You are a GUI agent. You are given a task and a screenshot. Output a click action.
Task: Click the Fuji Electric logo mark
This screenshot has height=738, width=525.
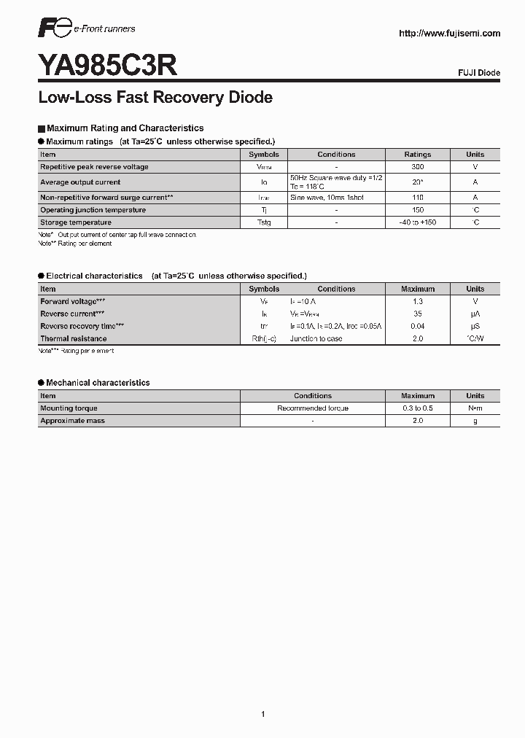[55, 30]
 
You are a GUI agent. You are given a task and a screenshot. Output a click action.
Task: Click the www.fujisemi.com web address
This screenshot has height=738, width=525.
[449, 34]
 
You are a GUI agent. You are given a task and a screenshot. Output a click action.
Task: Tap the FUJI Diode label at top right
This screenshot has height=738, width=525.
[478, 73]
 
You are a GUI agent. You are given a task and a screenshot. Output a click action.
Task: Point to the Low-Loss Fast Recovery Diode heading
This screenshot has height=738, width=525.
[155, 97]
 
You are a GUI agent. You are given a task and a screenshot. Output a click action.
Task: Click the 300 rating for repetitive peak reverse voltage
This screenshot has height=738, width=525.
[418, 167]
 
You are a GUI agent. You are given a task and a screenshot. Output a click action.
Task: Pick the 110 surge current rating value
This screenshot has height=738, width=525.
[418, 198]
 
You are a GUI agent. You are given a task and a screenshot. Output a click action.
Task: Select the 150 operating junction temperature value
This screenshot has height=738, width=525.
[418, 210]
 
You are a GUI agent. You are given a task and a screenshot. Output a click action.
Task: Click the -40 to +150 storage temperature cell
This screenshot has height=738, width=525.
[418, 222]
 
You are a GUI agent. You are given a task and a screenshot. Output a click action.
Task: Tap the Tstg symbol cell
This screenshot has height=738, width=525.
[263, 222]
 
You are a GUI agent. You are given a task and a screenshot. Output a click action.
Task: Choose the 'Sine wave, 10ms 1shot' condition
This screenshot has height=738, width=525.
[326, 198]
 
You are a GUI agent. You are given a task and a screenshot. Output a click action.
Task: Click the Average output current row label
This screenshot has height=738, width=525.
[80, 182]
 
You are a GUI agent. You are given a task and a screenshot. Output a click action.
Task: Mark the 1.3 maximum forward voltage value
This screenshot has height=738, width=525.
[418, 301]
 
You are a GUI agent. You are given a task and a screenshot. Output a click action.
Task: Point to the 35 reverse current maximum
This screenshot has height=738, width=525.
[418, 314]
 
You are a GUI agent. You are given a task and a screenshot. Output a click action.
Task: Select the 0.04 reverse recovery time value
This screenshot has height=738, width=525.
[418, 326]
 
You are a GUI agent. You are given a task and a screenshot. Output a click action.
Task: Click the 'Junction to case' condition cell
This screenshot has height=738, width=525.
[316, 338]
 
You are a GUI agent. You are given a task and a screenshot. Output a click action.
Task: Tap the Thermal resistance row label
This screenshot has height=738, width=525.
[74, 338]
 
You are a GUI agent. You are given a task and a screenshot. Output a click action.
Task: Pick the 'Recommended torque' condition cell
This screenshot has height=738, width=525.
[313, 408]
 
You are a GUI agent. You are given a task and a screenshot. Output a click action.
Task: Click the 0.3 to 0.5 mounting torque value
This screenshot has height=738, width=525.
[418, 408]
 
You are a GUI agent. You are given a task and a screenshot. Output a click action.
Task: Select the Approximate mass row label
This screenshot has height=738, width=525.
[72, 421]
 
